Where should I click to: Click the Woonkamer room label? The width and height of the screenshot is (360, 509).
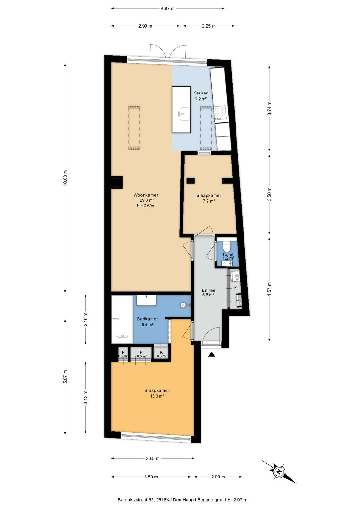(145, 195)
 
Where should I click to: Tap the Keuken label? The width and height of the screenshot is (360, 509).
(201, 93)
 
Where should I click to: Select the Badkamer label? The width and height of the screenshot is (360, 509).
(147, 319)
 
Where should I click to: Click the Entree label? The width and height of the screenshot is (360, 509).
(208, 290)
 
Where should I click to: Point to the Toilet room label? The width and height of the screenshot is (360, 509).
(228, 255)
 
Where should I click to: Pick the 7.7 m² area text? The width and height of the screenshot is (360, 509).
(208, 201)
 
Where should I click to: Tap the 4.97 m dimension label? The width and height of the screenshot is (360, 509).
(168, 8)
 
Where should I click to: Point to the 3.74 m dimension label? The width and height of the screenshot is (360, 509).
(269, 108)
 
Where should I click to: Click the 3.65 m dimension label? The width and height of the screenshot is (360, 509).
(152, 458)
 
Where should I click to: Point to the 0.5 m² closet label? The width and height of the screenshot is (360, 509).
(142, 356)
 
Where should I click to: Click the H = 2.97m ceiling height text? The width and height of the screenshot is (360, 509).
(145, 206)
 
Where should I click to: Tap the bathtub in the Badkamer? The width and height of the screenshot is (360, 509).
(122, 319)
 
